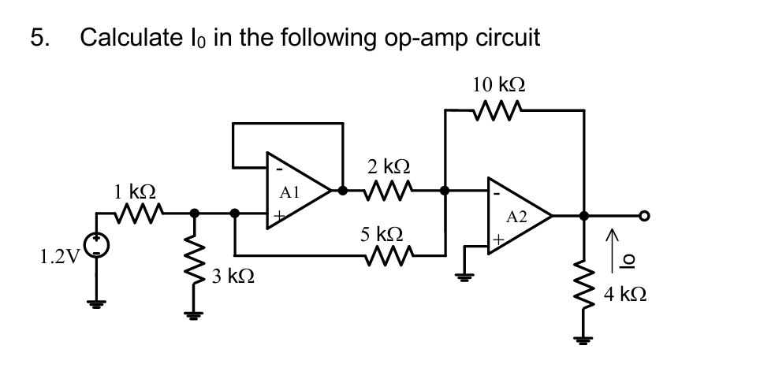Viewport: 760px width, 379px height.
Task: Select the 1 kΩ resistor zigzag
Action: [x=140, y=211]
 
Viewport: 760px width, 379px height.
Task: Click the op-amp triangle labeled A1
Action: [x=296, y=191]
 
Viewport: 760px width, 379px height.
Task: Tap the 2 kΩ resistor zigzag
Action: [x=389, y=190]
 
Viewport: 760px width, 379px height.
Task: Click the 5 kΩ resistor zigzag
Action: [x=389, y=256]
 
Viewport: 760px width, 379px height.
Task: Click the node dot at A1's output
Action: [x=342, y=190]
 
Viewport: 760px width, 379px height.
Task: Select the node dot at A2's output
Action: [x=583, y=215]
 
